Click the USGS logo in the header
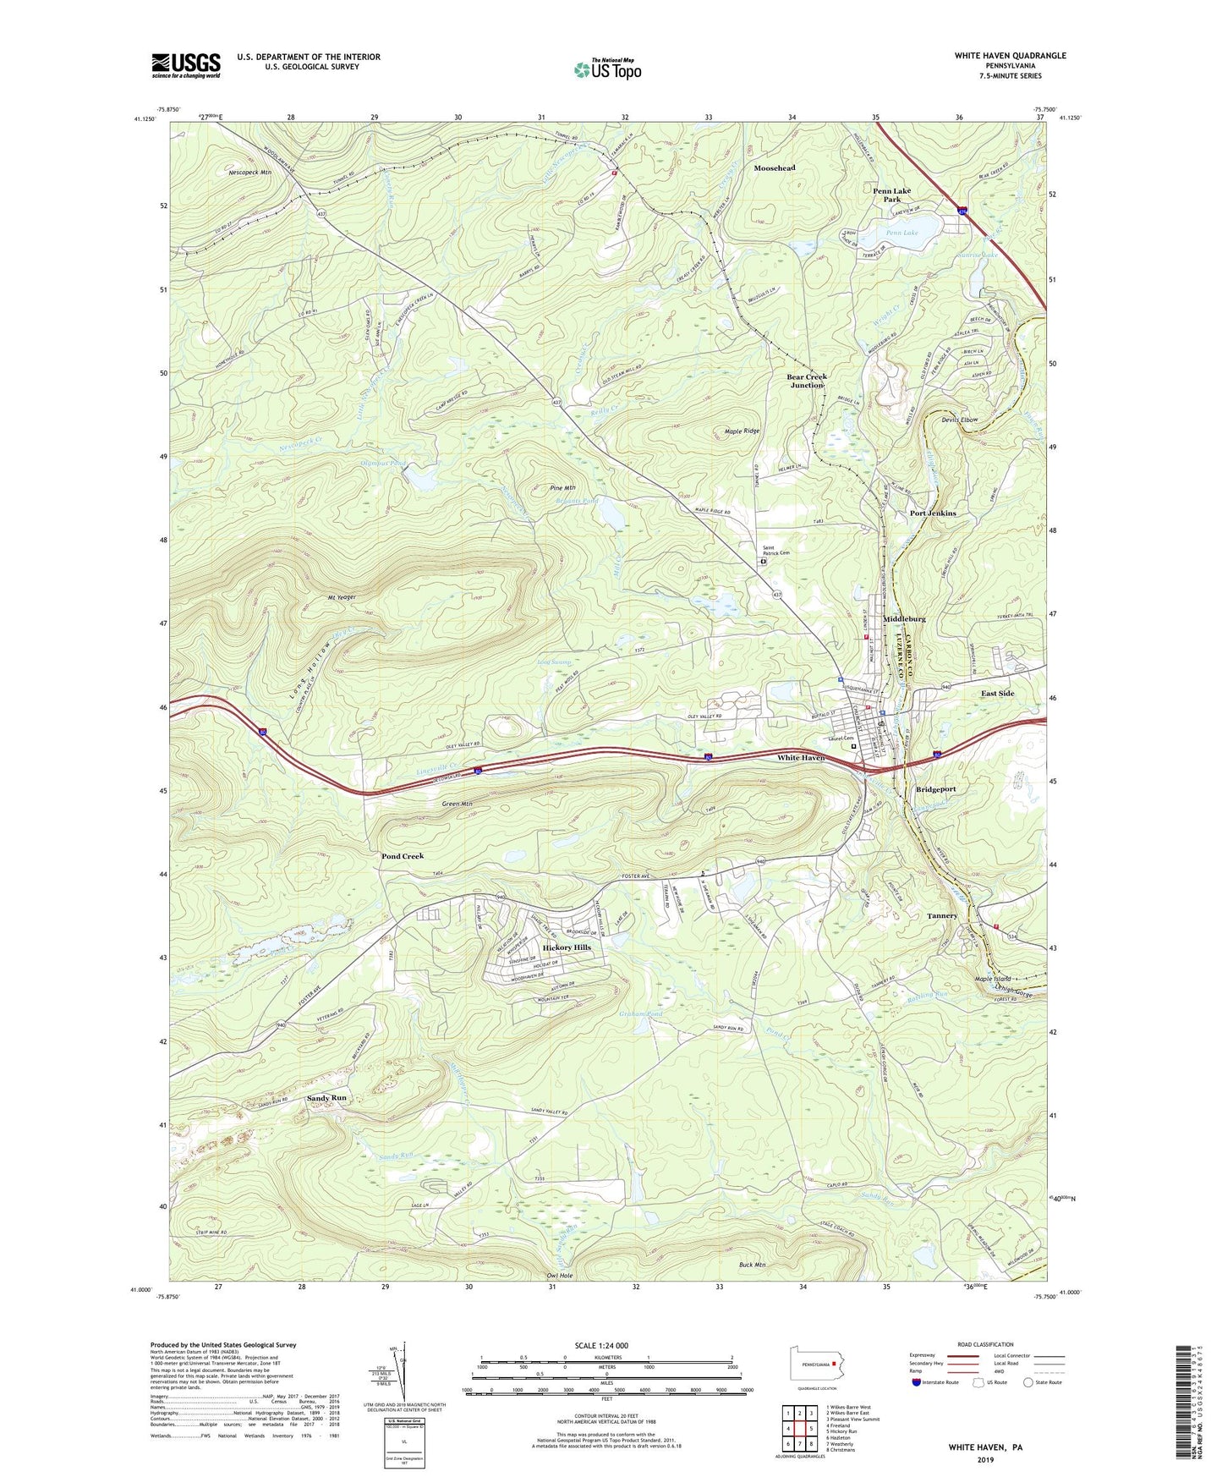(x=186, y=65)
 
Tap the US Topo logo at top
(x=606, y=69)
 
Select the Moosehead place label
(x=775, y=168)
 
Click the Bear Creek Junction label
(x=806, y=381)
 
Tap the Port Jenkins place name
(x=933, y=513)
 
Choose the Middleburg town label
(x=904, y=619)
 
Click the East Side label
(x=997, y=694)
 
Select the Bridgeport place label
(x=936, y=789)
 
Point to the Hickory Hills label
(x=567, y=947)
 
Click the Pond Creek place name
(x=403, y=856)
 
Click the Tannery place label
(x=942, y=916)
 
